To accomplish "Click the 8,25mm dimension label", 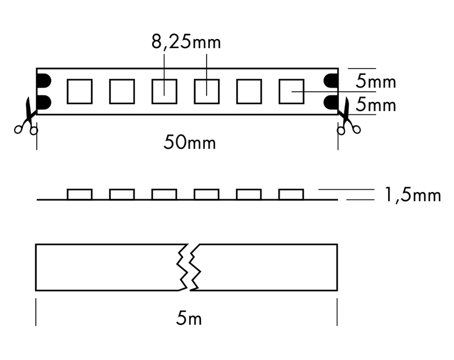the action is click(x=186, y=42).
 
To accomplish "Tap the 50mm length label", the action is click(x=190, y=142).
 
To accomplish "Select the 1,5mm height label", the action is click(x=413, y=195).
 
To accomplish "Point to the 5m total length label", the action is click(x=189, y=318).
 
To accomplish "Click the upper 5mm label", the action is click(x=376, y=81).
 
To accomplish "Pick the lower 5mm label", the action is click(x=376, y=104).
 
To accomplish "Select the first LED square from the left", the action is click(x=79, y=91).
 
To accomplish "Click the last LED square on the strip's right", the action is click(x=291, y=91).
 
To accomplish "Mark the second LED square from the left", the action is click(x=122, y=91).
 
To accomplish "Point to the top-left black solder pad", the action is click(x=44, y=81).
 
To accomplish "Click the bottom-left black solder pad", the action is click(x=44, y=102).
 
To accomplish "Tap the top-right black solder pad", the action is click(x=331, y=81).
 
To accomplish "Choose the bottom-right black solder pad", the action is click(x=331, y=102).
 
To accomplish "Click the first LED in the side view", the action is click(x=79, y=194).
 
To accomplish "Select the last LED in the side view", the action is click(x=291, y=194).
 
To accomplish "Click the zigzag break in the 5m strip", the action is click(x=189, y=267).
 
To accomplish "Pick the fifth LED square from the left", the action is click(x=249, y=91).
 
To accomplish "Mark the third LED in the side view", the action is click(x=164, y=194).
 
